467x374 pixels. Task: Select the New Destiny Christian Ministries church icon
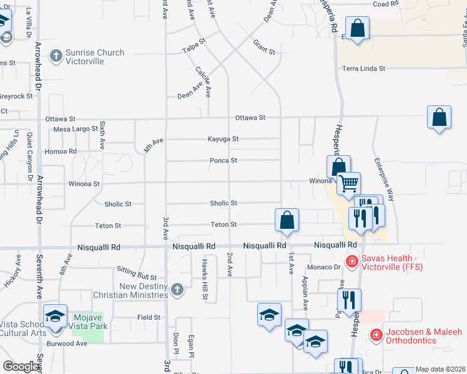tap(178, 289)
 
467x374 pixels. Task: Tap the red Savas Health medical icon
tap(352, 262)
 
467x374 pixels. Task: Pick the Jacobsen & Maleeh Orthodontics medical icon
tap(376, 335)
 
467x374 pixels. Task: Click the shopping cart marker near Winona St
tap(349, 183)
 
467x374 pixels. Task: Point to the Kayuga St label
tap(223, 140)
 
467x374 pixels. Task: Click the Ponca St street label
tap(223, 160)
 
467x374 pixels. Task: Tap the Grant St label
tap(263, 46)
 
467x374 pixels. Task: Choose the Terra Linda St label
tap(363, 69)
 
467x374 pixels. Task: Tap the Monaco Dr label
tap(328, 267)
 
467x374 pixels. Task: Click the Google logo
tap(21, 367)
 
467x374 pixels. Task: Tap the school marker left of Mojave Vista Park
tap(55, 317)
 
